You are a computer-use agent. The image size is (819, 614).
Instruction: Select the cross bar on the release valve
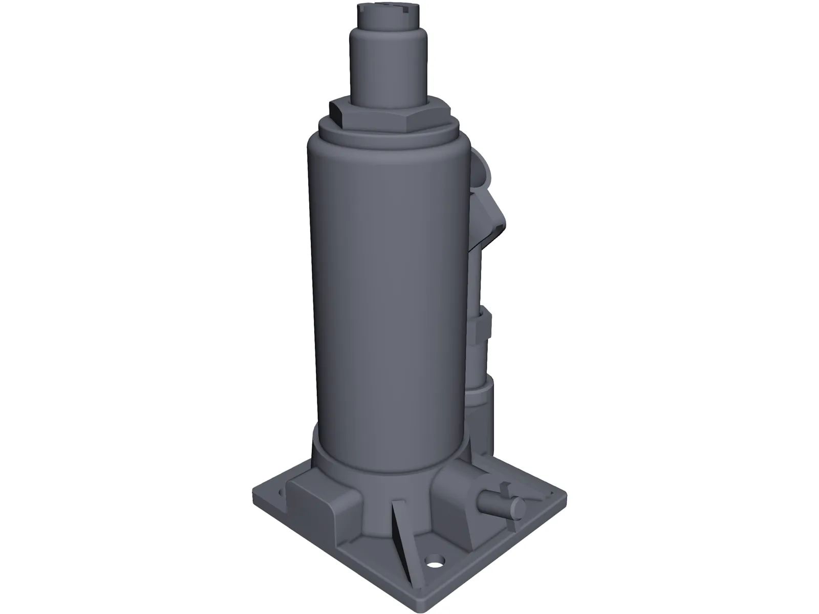click(504, 489)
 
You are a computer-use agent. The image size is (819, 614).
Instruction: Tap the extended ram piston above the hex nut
click(389, 67)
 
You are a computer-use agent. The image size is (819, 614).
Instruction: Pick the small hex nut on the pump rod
click(481, 327)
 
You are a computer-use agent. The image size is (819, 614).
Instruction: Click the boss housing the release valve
click(456, 491)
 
